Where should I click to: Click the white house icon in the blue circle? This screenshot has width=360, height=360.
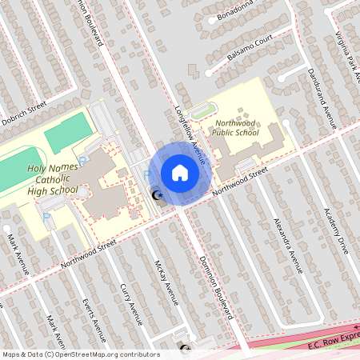coord(179,172)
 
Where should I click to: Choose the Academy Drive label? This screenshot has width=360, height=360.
coord(336,228)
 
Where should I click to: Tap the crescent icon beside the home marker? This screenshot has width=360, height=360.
coord(158,194)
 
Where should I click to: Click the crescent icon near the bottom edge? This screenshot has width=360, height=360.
coord(186,349)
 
